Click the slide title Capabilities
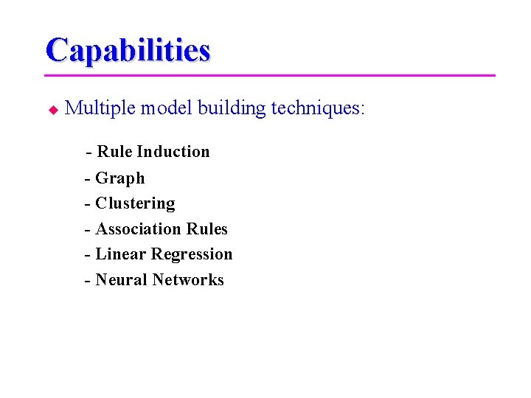tap(128, 50)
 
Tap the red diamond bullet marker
tap(52, 110)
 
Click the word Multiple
tap(100, 108)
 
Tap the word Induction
tap(173, 152)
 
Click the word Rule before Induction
tap(114, 152)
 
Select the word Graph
tap(120, 178)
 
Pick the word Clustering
tap(135, 203)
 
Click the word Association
tap(139, 229)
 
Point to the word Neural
tap(122, 280)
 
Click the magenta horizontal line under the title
tap(270, 75)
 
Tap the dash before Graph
tap(88, 179)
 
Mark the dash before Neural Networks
tap(88, 281)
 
